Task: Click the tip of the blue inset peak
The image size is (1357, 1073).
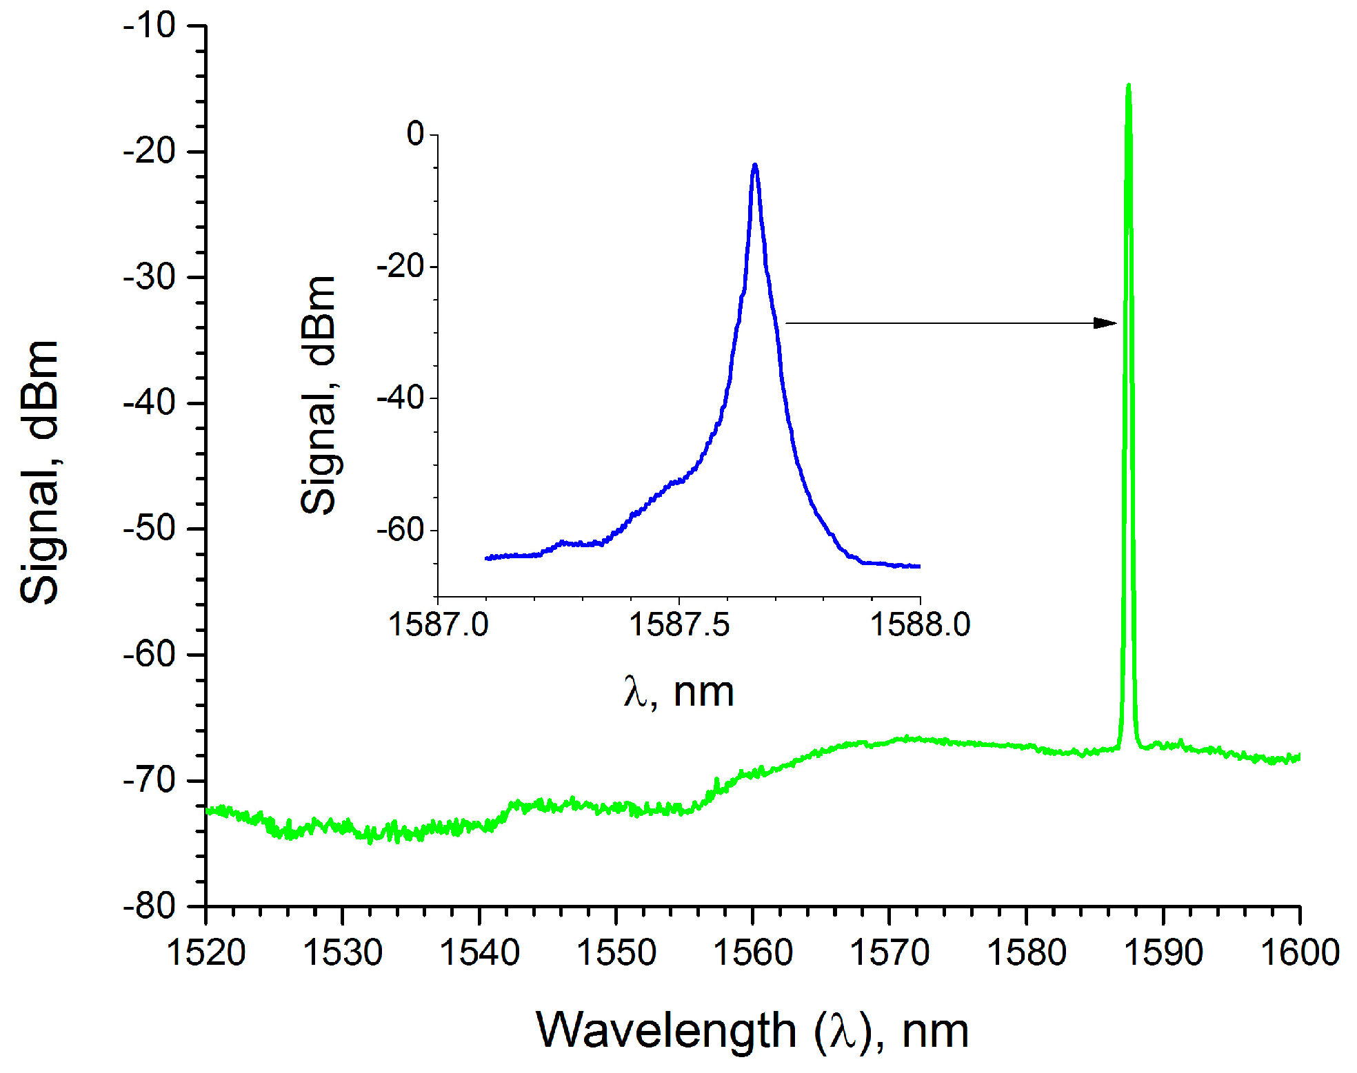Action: click(x=755, y=166)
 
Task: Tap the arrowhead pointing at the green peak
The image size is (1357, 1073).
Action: click(x=1106, y=323)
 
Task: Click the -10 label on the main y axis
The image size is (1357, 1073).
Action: click(x=150, y=26)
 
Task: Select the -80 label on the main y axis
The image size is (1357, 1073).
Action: click(x=150, y=906)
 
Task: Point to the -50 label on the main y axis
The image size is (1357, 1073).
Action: click(x=150, y=529)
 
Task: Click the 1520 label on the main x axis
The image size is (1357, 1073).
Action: click(x=206, y=953)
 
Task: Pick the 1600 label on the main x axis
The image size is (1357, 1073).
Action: click(x=1299, y=953)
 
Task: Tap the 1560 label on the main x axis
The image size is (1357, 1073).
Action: click(x=752, y=953)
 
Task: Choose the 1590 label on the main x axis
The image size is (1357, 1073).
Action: click(x=1163, y=953)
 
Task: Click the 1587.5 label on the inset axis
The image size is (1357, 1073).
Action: click(x=678, y=625)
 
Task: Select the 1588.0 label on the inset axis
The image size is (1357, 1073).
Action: click(x=920, y=625)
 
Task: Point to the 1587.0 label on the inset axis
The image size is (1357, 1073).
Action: click(x=438, y=625)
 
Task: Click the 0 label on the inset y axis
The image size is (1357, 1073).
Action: click(x=416, y=134)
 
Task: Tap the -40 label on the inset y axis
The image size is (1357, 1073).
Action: click(x=401, y=398)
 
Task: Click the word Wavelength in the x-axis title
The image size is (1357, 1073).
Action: click(x=665, y=1031)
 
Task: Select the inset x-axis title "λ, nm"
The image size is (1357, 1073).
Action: click(x=678, y=692)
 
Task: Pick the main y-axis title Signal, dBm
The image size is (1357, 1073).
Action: click(x=39, y=472)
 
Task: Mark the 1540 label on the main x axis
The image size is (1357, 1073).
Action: click(x=479, y=953)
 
